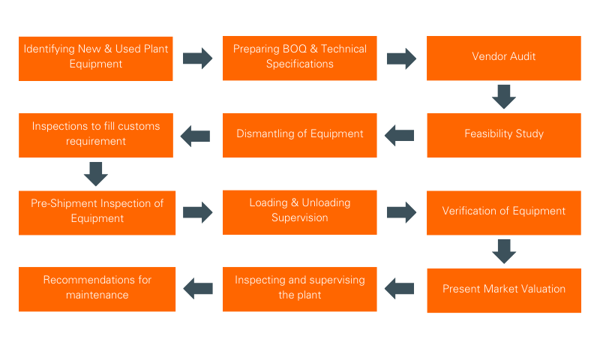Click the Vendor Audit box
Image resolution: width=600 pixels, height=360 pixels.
(x=503, y=58)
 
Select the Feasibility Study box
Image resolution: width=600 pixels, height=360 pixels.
(x=503, y=135)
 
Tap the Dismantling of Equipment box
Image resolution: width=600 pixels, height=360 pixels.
(x=299, y=135)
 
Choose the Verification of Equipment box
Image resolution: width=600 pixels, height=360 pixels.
(x=503, y=211)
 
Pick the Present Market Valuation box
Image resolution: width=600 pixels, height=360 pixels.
(x=503, y=289)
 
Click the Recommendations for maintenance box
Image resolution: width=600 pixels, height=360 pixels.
(x=97, y=288)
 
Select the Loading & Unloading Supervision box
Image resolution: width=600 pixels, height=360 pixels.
(x=299, y=211)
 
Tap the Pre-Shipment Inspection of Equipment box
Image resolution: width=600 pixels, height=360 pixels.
(x=97, y=211)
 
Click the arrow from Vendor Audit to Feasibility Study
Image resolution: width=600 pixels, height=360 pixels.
(x=503, y=97)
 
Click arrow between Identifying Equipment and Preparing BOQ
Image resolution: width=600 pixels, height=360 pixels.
(x=197, y=58)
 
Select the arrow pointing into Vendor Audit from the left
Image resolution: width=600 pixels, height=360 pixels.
(x=401, y=58)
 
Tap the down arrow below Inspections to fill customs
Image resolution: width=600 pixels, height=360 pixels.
(x=96, y=173)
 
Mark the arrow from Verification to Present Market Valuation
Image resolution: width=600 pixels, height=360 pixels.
(x=503, y=250)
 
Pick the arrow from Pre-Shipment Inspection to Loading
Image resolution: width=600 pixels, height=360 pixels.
(x=197, y=211)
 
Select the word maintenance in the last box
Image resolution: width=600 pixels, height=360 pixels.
(x=97, y=295)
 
